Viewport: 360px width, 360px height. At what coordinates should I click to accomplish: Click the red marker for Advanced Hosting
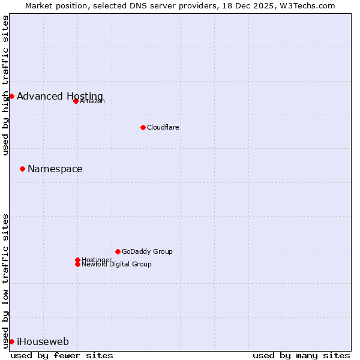tap(11, 96)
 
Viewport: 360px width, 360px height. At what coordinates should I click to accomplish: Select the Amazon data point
tap(76, 101)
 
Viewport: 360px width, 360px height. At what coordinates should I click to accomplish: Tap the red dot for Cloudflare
tap(143, 127)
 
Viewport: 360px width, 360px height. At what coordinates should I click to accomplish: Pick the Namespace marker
tap(22, 169)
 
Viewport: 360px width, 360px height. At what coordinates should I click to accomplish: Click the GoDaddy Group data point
tap(118, 251)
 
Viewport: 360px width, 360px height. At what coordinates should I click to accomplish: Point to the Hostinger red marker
tap(77, 260)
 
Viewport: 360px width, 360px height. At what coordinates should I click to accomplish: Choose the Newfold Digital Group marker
tap(77, 264)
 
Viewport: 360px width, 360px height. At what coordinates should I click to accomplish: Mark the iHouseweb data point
tap(11, 341)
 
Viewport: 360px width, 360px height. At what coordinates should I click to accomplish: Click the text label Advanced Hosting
tap(60, 96)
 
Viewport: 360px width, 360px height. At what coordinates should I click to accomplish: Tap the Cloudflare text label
tap(163, 127)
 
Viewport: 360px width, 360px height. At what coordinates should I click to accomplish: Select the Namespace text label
tap(55, 169)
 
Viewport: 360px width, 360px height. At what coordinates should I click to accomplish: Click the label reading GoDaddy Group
tap(147, 251)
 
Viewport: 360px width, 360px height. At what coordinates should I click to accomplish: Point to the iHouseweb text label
tap(43, 341)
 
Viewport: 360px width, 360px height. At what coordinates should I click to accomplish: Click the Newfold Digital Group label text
tap(116, 264)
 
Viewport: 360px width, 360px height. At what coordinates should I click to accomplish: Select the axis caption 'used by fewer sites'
tap(62, 355)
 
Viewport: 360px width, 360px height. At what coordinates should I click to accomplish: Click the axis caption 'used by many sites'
tap(301, 355)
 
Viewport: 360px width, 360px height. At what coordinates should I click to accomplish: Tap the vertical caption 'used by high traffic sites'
tap(5, 85)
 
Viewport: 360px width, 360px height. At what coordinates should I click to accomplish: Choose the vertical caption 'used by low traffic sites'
tap(5, 281)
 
